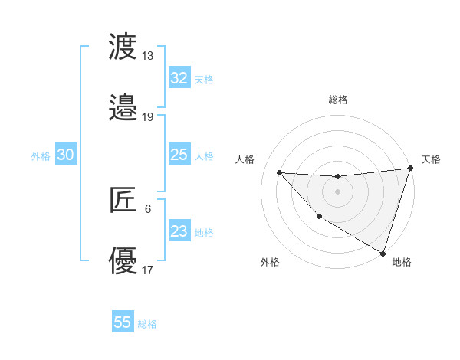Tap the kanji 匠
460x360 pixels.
pyautogui.click(x=123, y=200)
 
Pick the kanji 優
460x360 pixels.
pyautogui.click(x=123, y=260)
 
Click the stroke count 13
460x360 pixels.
pyautogui.click(x=147, y=56)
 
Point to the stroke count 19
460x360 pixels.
pyautogui.click(x=147, y=116)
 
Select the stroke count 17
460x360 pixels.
pyautogui.click(x=147, y=270)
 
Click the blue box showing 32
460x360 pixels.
pyautogui.click(x=179, y=78)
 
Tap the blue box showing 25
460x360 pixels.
pyautogui.click(x=179, y=155)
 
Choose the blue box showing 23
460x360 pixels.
pyautogui.click(x=179, y=231)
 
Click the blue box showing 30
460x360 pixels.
pyautogui.click(x=65, y=155)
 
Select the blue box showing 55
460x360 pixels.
pyautogui.click(x=123, y=322)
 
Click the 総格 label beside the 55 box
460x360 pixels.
pyautogui.click(x=147, y=324)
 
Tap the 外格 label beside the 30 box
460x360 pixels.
pyautogui.click(x=41, y=156)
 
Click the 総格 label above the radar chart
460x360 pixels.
pyautogui.click(x=338, y=100)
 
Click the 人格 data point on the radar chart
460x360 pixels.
pyautogui.click(x=279, y=172)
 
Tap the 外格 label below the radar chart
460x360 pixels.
pyautogui.click(x=270, y=262)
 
